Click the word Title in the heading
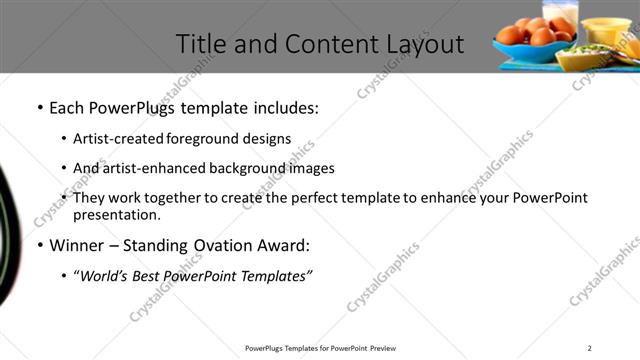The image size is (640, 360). tap(199, 44)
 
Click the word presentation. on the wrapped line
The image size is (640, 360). tap(117, 214)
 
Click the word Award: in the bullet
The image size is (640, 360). tap(286, 245)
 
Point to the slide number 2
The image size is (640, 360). tap(589, 348)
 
